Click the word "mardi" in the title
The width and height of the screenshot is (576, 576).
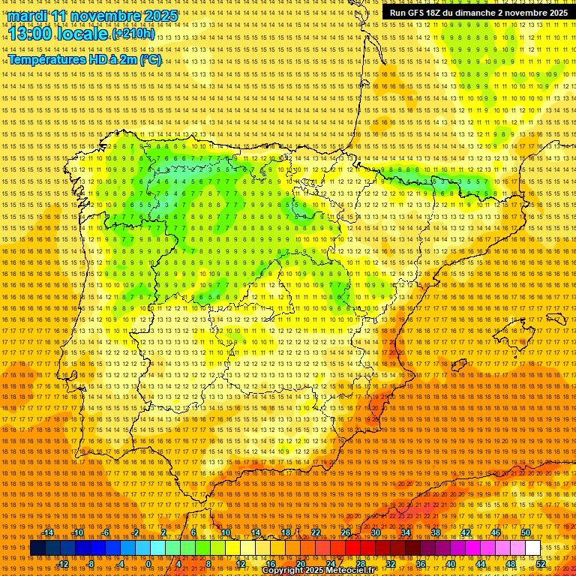[x=27, y=16]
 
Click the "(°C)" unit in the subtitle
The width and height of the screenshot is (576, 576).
[x=150, y=60]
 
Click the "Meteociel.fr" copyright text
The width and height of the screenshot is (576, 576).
[x=346, y=571]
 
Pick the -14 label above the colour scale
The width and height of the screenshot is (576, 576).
[x=48, y=532]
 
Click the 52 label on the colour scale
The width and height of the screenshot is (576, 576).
[x=540, y=563]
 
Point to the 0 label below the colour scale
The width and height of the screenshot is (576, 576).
[x=148, y=563]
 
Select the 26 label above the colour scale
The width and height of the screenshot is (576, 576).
[x=346, y=532]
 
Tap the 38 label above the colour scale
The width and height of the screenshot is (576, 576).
[x=435, y=532]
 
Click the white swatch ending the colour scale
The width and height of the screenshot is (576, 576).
[x=532, y=547]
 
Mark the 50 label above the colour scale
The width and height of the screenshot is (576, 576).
[x=526, y=532]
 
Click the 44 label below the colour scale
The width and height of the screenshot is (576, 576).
[x=480, y=563]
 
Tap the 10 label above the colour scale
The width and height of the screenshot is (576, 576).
[x=225, y=532]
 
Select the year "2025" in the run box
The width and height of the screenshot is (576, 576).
[x=553, y=13]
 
